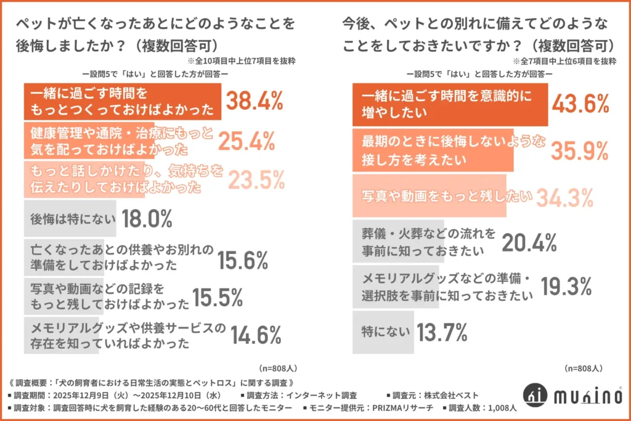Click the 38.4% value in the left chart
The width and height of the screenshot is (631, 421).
pos(254,101)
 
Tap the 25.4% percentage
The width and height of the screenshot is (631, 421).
pos(246,141)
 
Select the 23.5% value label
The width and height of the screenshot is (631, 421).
pos(257,180)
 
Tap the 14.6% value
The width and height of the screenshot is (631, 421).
pos(256,335)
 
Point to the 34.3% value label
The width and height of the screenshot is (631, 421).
pos(564,197)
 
